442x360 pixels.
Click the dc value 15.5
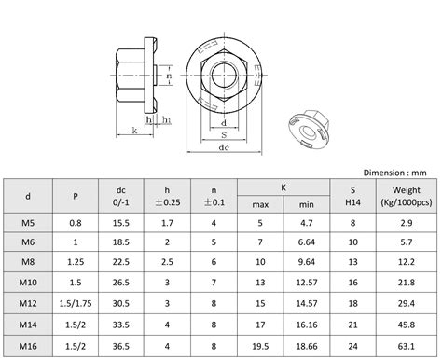(x=121, y=222)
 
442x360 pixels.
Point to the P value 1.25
(x=75, y=262)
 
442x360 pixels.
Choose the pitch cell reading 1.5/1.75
(x=75, y=303)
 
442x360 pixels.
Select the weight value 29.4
(x=405, y=303)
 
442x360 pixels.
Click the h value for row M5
(x=166, y=222)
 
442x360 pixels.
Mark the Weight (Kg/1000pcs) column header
(x=405, y=195)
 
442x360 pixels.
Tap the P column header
(x=75, y=195)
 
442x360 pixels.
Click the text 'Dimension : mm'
(x=394, y=172)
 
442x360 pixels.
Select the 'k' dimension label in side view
(x=136, y=131)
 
